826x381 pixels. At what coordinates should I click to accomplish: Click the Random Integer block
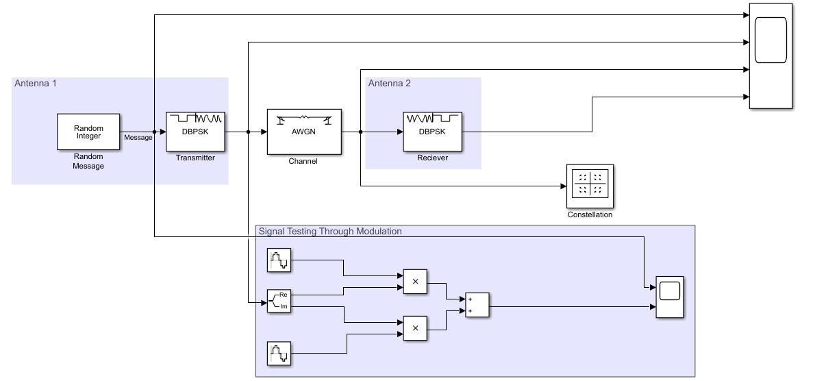(x=88, y=132)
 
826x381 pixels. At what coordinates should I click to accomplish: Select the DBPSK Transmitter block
(x=195, y=132)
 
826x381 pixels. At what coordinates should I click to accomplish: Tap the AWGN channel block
(x=303, y=132)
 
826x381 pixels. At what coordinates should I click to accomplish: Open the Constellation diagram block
(x=590, y=186)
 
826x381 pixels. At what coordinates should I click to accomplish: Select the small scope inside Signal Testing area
(x=670, y=297)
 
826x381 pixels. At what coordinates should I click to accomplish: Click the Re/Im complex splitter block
(x=279, y=301)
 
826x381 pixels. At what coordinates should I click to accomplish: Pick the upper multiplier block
(x=415, y=282)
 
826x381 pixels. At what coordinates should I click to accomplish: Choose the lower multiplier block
(x=415, y=328)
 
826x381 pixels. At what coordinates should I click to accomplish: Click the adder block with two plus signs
(x=477, y=305)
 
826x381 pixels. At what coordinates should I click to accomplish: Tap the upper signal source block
(x=279, y=260)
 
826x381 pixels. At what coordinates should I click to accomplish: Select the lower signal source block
(x=279, y=354)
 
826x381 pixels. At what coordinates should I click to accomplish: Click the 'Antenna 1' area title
(x=36, y=84)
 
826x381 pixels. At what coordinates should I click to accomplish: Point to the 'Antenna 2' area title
(x=390, y=84)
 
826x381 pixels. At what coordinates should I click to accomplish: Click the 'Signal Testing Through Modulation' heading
(x=330, y=232)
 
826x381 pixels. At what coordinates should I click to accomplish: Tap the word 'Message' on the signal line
(x=138, y=138)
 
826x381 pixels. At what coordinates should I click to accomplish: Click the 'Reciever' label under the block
(x=433, y=158)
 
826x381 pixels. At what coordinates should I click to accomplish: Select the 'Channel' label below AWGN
(x=303, y=162)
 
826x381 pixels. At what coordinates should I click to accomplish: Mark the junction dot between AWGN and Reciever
(x=360, y=132)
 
